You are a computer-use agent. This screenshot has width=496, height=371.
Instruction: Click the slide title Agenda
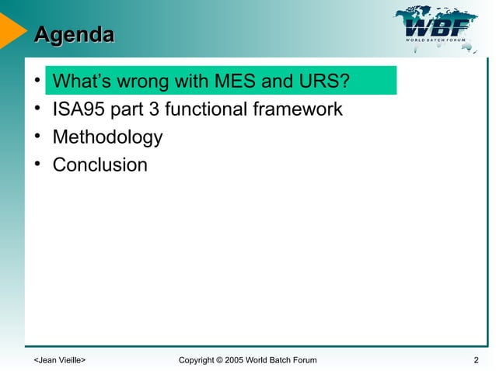74,34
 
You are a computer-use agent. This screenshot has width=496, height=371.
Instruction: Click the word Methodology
107,138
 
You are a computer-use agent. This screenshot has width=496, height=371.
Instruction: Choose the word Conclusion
100,165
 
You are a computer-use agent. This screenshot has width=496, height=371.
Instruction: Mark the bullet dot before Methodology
37,138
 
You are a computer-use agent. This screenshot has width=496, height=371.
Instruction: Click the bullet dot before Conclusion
37,165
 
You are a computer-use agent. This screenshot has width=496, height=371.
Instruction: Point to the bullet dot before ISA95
37,109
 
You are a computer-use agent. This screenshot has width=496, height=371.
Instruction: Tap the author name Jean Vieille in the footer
59,360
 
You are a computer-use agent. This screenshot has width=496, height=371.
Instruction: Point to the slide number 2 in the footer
475,360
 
